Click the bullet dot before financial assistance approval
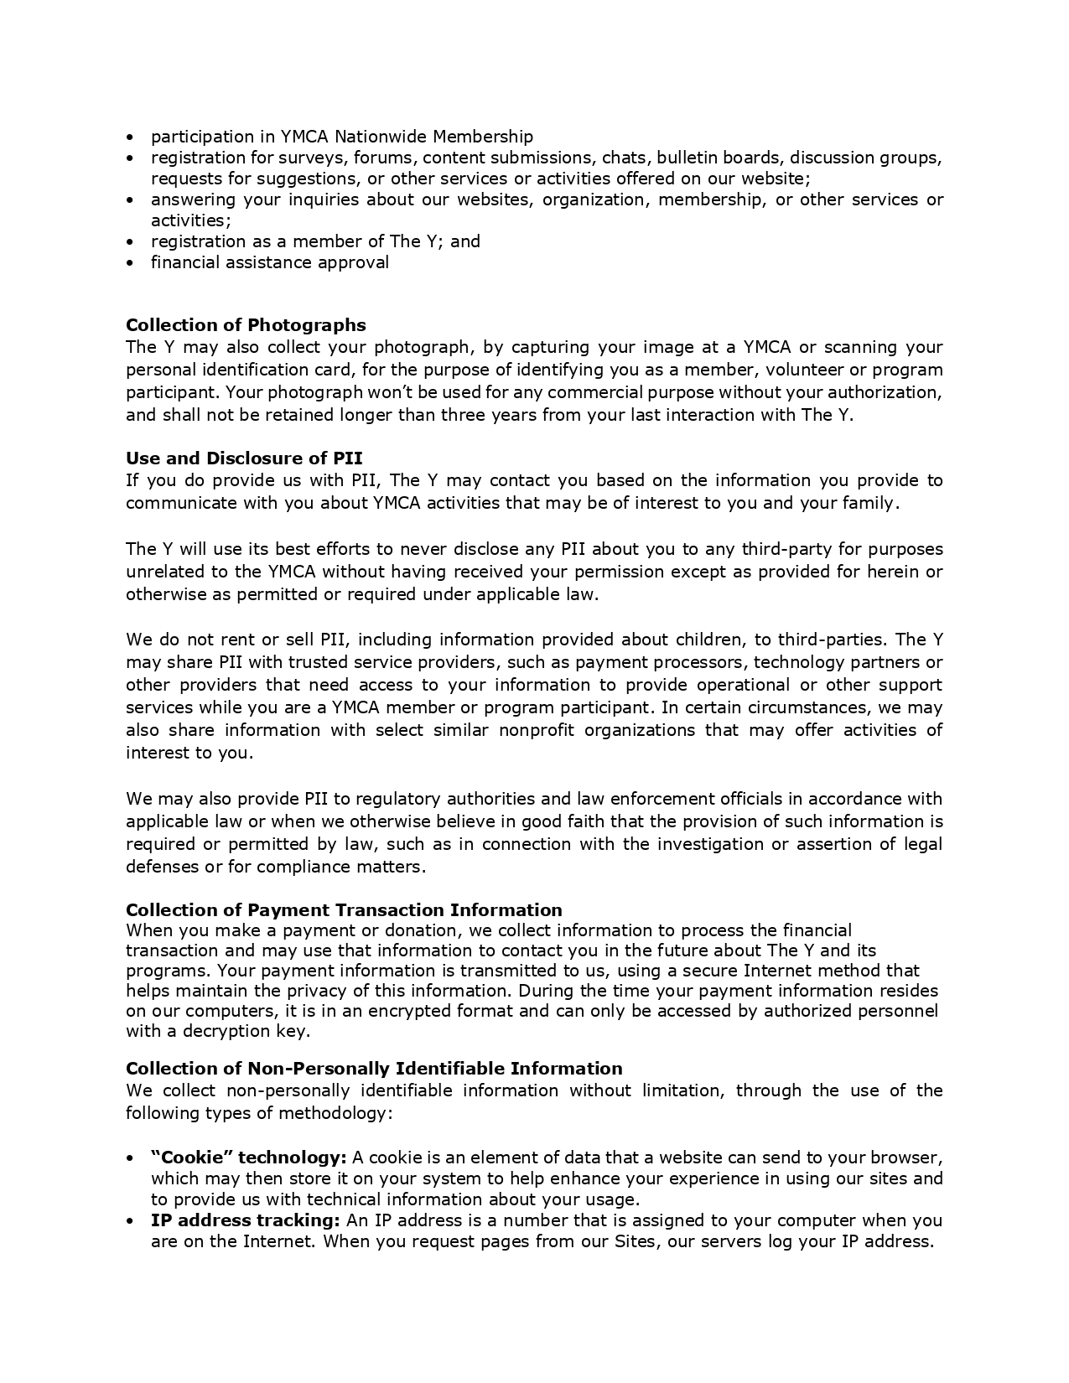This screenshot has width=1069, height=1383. point(130,263)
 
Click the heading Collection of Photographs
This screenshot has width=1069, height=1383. point(246,324)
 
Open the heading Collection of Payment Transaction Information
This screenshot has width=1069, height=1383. point(344,909)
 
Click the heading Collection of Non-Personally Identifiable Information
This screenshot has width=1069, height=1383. point(374,1068)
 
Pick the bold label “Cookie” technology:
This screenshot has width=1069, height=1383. point(248,1158)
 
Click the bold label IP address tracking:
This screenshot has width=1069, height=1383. point(245,1220)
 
